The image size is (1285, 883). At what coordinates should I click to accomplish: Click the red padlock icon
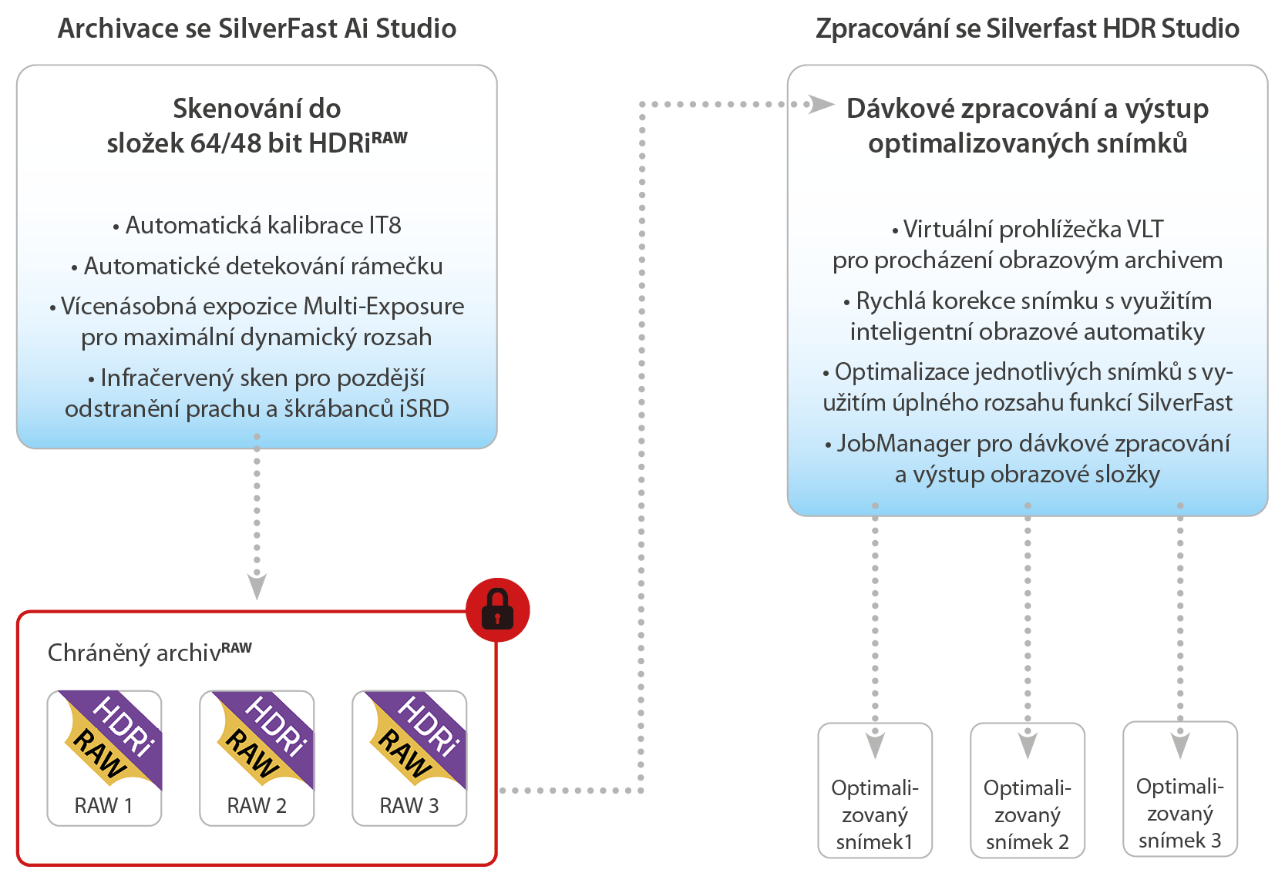pos(497,609)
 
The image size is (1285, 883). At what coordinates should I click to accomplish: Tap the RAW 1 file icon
pos(104,757)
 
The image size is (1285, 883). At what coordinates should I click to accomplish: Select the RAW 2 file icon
pos(257,757)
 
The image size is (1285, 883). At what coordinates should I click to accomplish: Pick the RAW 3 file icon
pos(409,757)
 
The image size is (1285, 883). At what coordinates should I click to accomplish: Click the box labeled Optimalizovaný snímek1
pos(875,791)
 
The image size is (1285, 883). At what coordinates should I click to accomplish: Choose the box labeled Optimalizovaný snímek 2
pos(1028,791)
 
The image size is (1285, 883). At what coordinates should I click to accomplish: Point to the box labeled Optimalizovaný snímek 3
pos(1180,789)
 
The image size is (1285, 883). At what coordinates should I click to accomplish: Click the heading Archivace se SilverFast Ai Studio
pos(257,29)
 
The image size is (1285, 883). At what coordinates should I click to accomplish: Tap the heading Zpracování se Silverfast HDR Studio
pos(1028,29)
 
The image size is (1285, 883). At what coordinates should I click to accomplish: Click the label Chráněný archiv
pos(134,653)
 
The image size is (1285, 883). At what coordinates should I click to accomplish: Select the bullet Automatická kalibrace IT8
pos(257,226)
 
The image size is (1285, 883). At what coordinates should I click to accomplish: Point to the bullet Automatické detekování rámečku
pos(257,267)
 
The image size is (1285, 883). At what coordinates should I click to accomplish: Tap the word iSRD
pos(424,409)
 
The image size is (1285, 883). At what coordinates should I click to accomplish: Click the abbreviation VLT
pos(1145,230)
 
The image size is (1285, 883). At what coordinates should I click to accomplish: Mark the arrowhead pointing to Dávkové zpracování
pos(820,104)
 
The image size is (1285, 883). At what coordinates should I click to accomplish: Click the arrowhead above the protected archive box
pos(257,586)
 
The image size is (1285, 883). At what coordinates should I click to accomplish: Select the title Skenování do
pos(257,109)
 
